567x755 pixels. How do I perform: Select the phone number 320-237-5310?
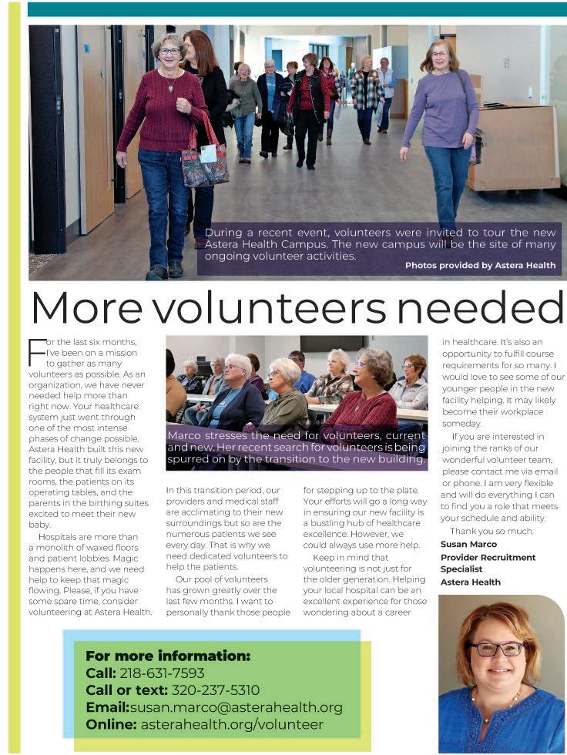(215, 690)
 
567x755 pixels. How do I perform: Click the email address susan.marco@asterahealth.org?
(236, 707)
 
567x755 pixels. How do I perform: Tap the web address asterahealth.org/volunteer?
(231, 724)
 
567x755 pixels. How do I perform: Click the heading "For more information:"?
(168, 656)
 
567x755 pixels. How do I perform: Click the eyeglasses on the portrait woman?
(496, 649)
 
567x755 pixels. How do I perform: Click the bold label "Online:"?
(111, 724)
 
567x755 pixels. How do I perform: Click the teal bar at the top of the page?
(297, 8)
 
